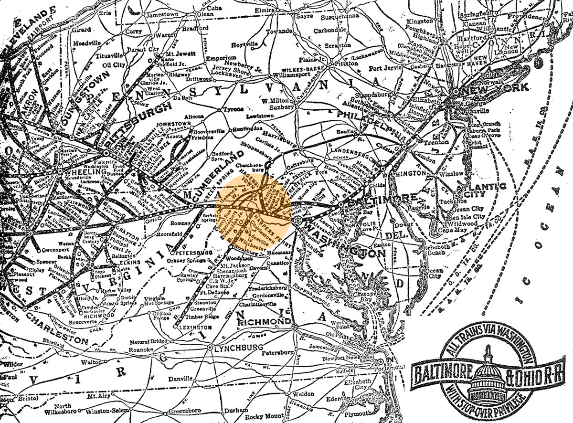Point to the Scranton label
pos(337,45)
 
